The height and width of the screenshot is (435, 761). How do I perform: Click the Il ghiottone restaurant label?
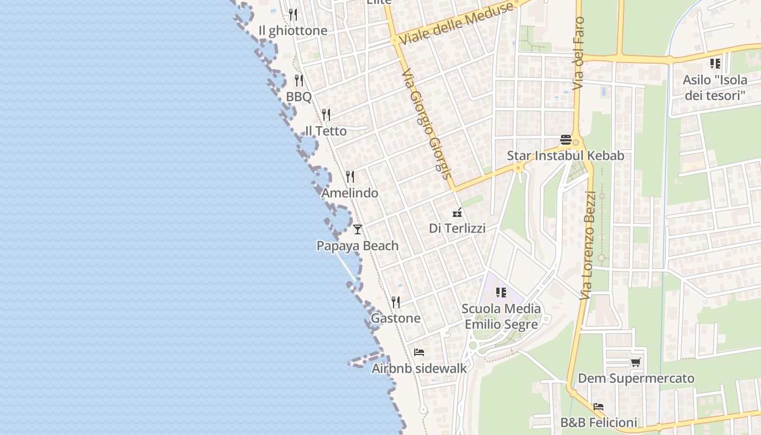click(293, 30)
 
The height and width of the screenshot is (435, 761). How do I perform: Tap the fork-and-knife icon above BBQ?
click(298, 80)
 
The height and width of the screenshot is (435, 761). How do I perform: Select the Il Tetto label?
click(326, 131)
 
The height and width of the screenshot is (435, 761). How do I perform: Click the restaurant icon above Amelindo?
click(350, 177)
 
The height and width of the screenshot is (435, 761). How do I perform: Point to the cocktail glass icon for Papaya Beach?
click(357, 229)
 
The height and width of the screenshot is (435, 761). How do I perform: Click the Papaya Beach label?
click(358, 246)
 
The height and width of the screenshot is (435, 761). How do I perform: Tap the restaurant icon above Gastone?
click(396, 302)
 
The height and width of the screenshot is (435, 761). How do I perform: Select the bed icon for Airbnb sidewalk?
click(419, 352)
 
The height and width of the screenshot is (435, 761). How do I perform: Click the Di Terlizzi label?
click(457, 228)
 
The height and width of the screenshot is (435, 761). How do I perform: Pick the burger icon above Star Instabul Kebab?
click(565, 140)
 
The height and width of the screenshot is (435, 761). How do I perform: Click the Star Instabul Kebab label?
click(565, 156)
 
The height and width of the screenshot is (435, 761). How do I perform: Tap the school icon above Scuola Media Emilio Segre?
click(501, 293)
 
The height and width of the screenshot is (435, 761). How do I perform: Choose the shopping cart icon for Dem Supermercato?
click(635, 362)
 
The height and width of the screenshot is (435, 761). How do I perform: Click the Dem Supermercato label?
click(636, 378)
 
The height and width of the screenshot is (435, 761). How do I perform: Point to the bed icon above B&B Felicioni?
click(598, 407)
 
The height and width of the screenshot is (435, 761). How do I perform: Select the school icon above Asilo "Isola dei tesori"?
click(715, 64)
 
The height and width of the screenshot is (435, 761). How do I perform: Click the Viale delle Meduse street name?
click(456, 24)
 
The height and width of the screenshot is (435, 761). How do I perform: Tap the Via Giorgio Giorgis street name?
click(427, 125)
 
